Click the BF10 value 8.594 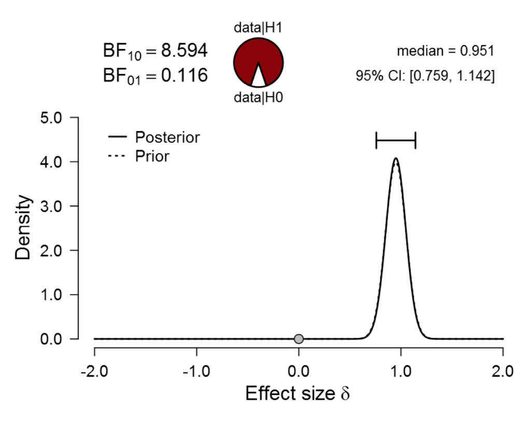(x=184, y=51)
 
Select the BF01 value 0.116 (x=184, y=76)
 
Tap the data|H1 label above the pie (x=258, y=28)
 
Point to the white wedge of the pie (x=258, y=78)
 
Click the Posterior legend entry (x=167, y=138)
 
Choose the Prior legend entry (x=152, y=156)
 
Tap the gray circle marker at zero (x=299, y=339)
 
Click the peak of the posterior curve (x=396, y=158)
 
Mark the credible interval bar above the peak (x=396, y=140)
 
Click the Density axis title (x=24, y=228)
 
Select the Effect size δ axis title (x=298, y=394)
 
